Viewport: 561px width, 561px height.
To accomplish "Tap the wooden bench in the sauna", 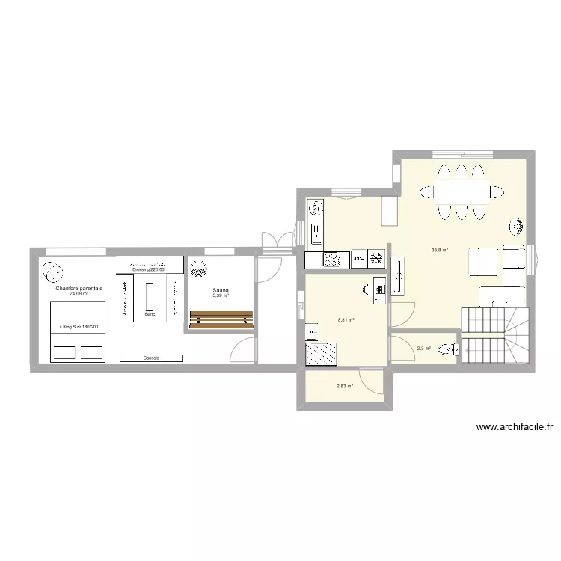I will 222,319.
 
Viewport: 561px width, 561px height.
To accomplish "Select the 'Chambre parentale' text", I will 79,288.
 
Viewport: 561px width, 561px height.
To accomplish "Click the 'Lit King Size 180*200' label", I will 78,327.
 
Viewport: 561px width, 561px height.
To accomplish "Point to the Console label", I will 150,358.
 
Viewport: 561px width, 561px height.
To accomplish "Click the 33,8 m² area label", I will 439,250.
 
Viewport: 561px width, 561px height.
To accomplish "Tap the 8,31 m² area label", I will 346,320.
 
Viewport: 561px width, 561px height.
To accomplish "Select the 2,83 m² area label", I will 344,386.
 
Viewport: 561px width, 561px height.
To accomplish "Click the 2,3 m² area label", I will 423,348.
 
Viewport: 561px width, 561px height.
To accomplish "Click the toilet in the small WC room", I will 448,349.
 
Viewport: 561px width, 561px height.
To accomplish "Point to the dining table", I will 462,192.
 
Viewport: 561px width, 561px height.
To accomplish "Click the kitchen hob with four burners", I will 330,260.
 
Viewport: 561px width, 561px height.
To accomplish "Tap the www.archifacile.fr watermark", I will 514,428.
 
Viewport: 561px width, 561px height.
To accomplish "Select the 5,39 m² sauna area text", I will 221,295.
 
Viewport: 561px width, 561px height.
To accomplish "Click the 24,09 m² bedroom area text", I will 79,294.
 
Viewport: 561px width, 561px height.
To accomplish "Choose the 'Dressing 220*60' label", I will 148,270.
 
